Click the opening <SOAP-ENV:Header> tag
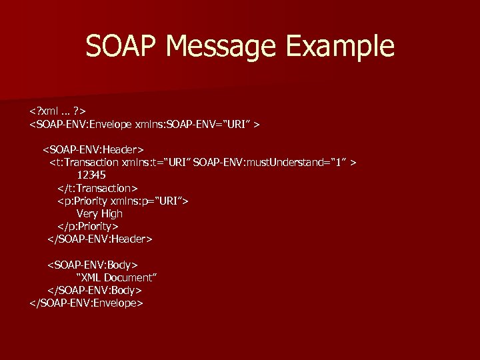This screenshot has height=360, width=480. pyautogui.click(x=94, y=149)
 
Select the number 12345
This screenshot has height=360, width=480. pyautogui.click(x=91, y=175)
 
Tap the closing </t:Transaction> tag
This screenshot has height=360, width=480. pyautogui.click(x=97, y=188)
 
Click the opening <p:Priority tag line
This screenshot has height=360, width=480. pyautogui.click(x=123, y=201)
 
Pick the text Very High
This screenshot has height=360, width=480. pyautogui.click(x=99, y=213)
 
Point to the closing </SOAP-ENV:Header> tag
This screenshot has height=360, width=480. pyautogui.click(x=100, y=239)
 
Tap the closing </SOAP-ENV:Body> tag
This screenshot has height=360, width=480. pyautogui.click(x=94, y=290)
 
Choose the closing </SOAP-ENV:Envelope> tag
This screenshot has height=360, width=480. pyautogui.click(x=87, y=303)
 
